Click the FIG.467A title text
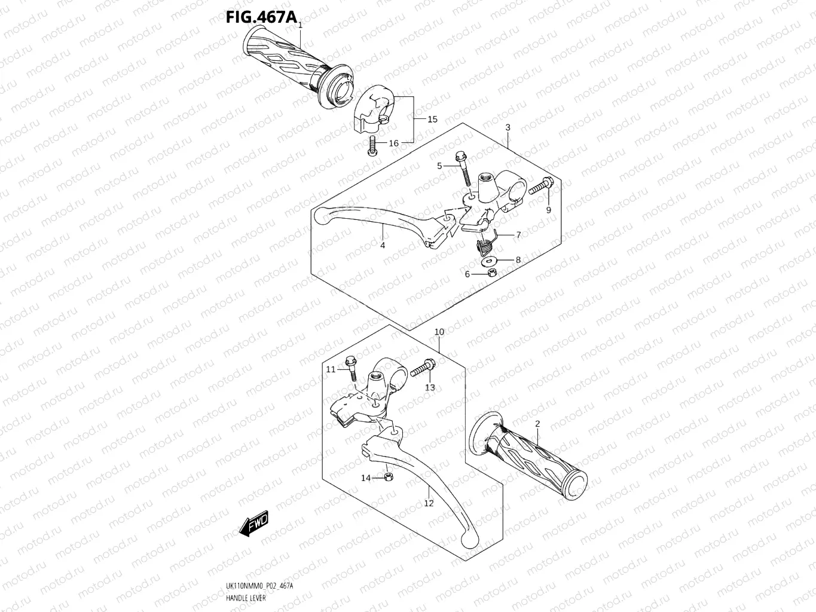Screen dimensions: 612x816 tap(261, 17)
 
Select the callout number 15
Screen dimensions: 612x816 tap(432, 119)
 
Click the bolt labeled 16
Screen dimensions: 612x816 tap(372, 145)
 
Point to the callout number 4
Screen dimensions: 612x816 tap(383, 245)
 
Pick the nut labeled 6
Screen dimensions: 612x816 tap(490, 273)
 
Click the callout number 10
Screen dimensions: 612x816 tap(439, 332)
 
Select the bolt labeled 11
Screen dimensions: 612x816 tap(352, 369)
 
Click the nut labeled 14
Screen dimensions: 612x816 tap(387, 477)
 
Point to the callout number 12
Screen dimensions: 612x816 tap(429, 503)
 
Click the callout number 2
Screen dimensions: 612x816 tap(537, 424)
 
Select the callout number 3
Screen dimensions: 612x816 tap(508, 127)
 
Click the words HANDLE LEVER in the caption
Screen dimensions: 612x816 tap(246, 598)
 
